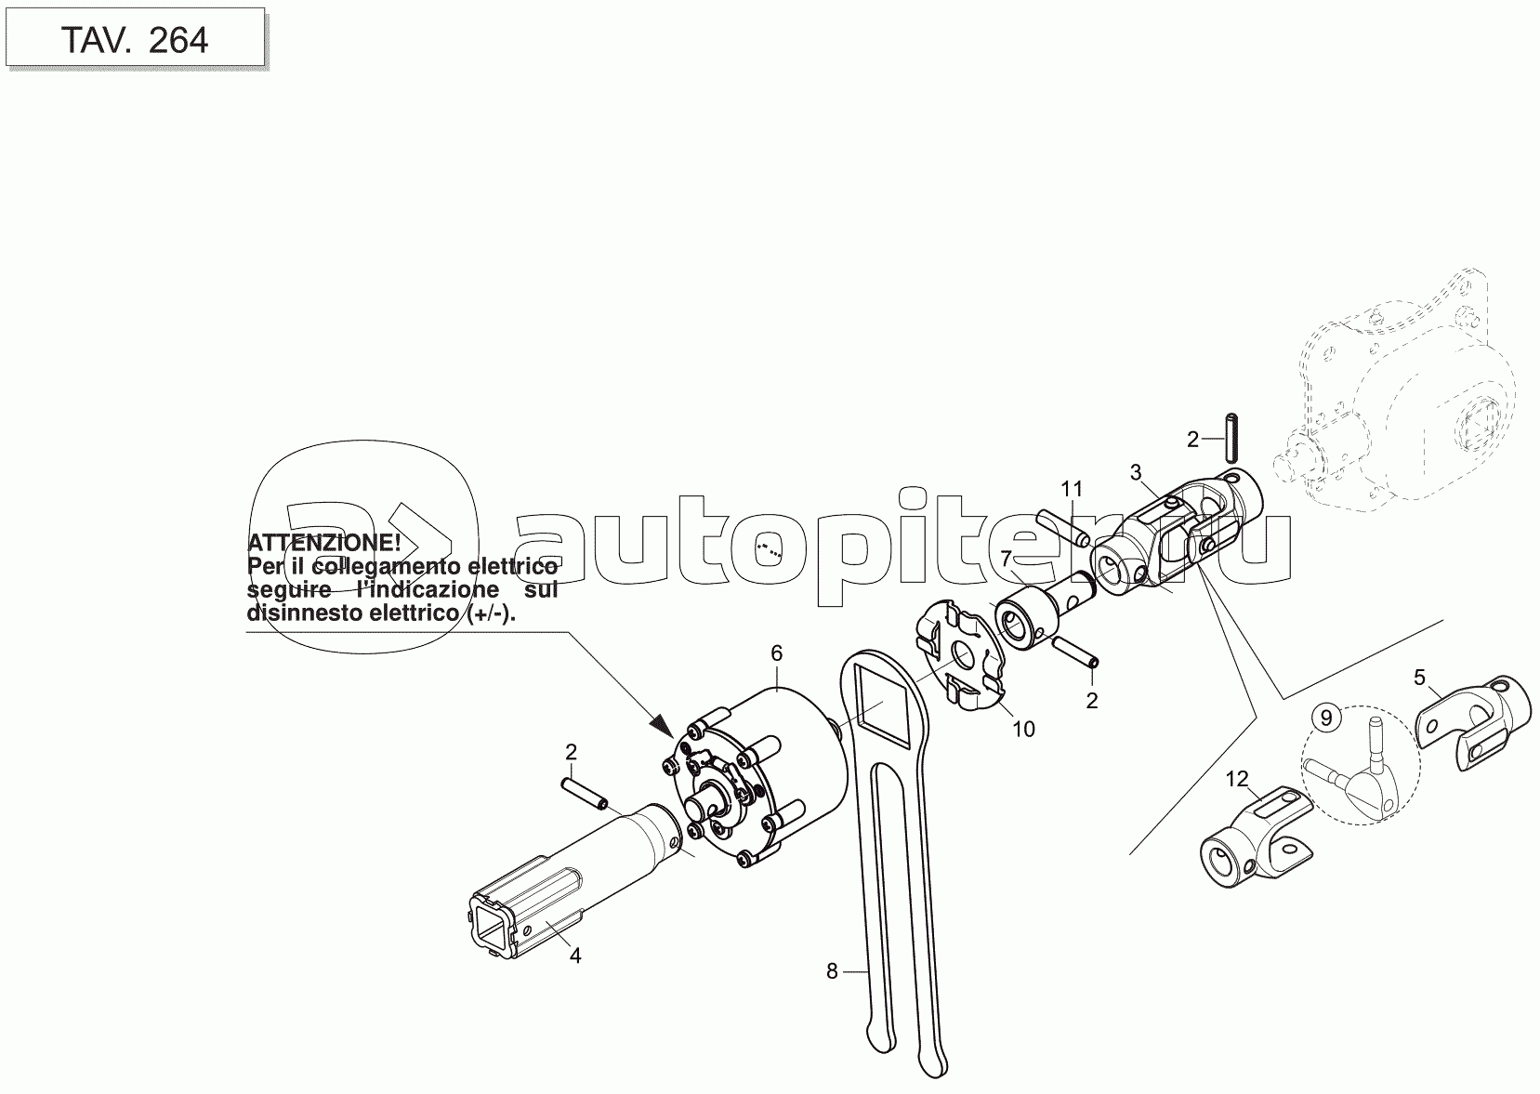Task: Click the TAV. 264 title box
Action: click(135, 37)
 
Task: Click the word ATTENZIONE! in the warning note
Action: click(323, 543)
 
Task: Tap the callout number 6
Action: click(776, 653)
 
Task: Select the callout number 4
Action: click(575, 956)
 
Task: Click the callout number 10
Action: click(1023, 729)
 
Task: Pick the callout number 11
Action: click(1072, 489)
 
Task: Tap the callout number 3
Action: click(1135, 472)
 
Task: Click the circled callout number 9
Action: click(1326, 718)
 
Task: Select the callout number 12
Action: click(1237, 779)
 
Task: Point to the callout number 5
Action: click(1420, 678)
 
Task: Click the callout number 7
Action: click(1006, 558)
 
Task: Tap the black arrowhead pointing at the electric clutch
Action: click(663, 725)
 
